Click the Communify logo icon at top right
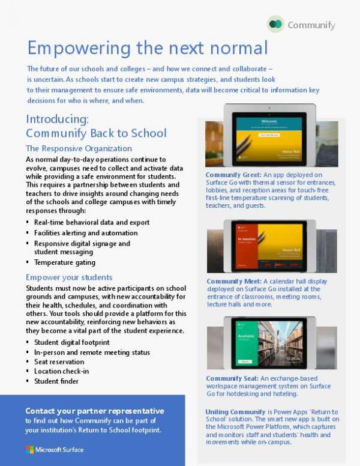pos(276,25)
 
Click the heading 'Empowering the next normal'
pos(148,48)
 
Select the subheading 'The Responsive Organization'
pos(79,148)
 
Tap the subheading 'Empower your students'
pos(69,277)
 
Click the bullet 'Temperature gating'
pos(64,262)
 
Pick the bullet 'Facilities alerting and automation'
pos(86,233)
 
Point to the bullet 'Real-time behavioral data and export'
pos(92,222)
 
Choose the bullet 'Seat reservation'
pos(59,362)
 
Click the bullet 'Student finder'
pos(56,381)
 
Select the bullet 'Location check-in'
pos(61,372)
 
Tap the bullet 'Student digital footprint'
pos(73,342)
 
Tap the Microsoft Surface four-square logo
pos(29,449)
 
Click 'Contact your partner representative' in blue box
pos(94,411)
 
